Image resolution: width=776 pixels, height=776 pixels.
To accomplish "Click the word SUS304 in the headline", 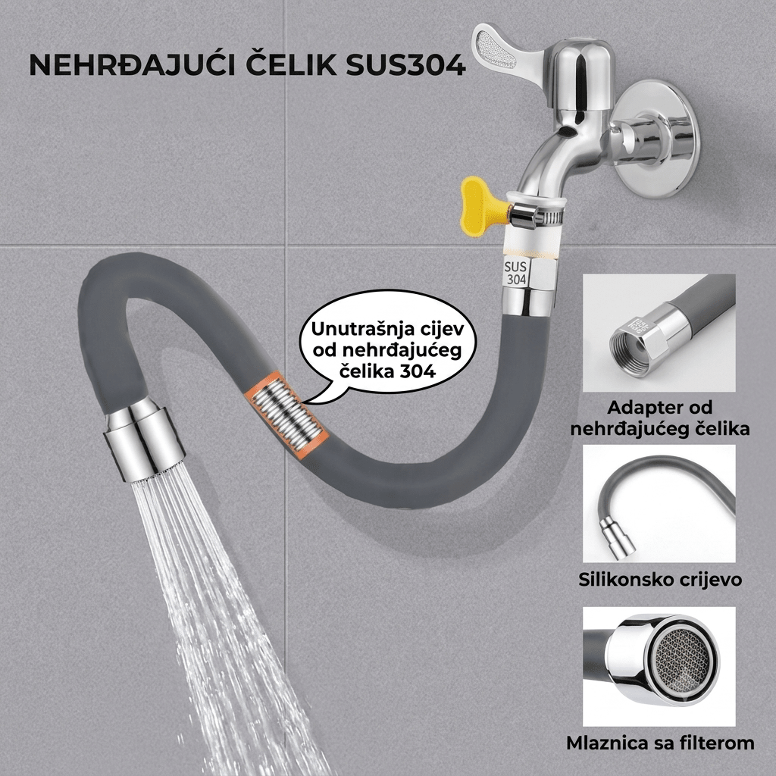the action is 406,65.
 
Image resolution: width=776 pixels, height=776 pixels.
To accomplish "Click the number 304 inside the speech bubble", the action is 418,371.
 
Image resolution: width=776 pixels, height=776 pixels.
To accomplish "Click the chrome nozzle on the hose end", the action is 145,440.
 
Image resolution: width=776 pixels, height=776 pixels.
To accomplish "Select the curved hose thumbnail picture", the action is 659,504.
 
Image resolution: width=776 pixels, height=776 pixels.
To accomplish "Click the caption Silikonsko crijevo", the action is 660,579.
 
